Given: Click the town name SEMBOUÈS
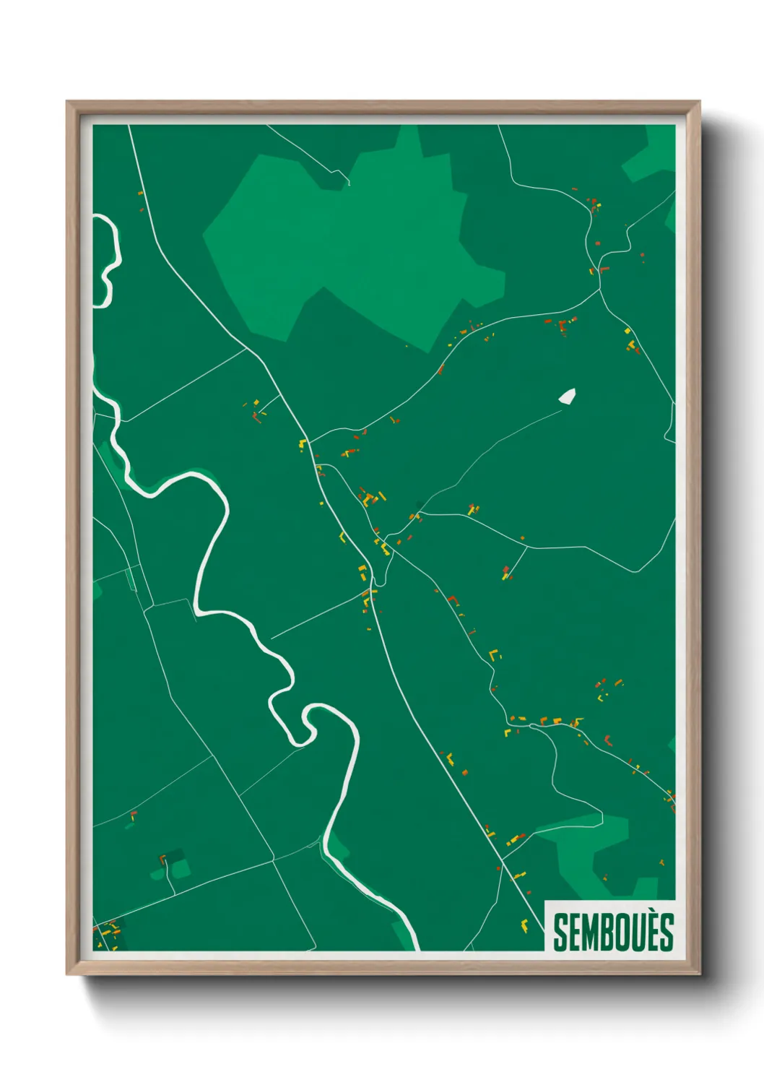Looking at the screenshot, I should coord(613,932).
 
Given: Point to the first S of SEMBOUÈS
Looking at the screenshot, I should coord(560,932).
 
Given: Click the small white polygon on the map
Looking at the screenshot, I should coord(567,396).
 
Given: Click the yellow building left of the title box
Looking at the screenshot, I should coord(524,924).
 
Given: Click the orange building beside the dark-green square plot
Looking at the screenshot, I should coord(162,859).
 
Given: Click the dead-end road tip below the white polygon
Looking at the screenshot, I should coord(561,411).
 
